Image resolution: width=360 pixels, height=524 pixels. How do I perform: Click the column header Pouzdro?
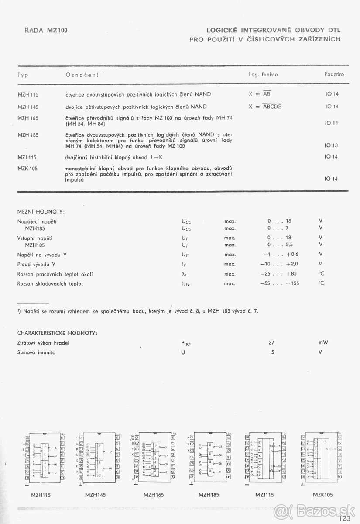tap(334, 74)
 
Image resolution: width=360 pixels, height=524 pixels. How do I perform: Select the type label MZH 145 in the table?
tap(28, 106)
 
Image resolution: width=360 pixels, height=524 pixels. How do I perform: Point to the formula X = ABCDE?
tap(265, 106)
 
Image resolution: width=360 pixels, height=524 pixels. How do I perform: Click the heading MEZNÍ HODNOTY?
tap(41, 212)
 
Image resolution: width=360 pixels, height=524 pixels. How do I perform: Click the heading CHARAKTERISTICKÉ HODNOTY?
tap(57, 333)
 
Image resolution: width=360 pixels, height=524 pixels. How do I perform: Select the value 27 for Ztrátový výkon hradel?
tap(271, 343)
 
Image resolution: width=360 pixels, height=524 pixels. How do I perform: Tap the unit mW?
tap(323, 343)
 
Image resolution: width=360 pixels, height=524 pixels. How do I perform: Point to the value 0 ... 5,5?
tap(279, 245)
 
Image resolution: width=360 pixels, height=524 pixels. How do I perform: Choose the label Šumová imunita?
tap(37, 352)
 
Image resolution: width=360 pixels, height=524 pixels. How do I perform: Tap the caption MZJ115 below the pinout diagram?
tap(264, 495)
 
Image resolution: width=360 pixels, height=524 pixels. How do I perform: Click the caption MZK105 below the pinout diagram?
tap(323, 495)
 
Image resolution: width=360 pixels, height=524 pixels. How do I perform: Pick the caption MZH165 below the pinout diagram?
tap(154, 495)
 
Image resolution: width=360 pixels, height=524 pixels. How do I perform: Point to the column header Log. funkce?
tap(263, 74)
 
